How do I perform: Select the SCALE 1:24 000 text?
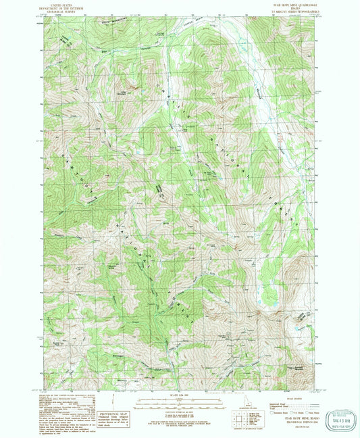(x=179, y=395)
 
